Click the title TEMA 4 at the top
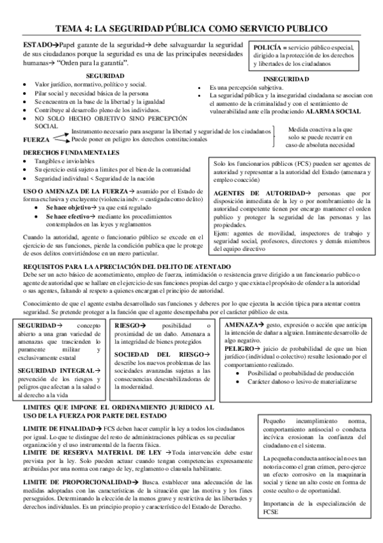click(192, 29)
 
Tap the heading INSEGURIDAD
click(286, 79)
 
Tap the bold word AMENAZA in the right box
click(241, 325)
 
